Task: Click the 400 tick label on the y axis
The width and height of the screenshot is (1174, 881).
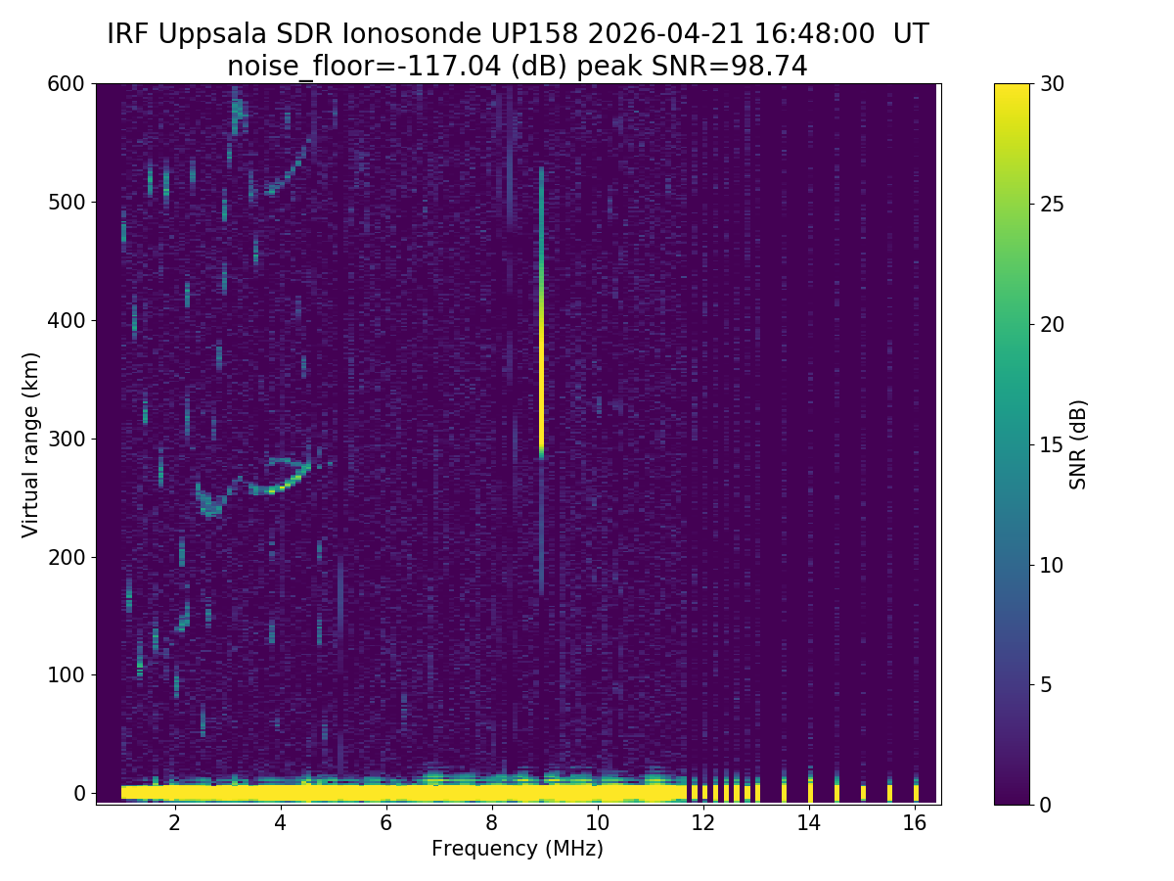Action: click(67, 320)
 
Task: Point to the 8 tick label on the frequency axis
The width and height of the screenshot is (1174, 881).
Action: click(491, 822)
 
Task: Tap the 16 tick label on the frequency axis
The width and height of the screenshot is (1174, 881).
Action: click(915, 822)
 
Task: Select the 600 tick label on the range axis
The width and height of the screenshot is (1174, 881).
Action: click(67, 84)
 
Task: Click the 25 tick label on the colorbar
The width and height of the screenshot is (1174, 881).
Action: click(1052, 205)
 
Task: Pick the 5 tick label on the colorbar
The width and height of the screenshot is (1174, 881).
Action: click(1046, 684)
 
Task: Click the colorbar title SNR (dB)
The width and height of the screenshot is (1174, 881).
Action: click(1078, 444)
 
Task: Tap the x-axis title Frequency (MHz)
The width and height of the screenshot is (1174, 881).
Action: click(518, 849)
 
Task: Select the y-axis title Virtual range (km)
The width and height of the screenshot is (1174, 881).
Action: click(31, 444)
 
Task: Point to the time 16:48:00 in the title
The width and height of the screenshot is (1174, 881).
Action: click(815, 34)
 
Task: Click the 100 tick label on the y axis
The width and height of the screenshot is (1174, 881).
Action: click(67, 674)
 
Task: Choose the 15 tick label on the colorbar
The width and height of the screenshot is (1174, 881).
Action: click(1052, 444)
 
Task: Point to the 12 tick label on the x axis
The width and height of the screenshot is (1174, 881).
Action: click(702, 822)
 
